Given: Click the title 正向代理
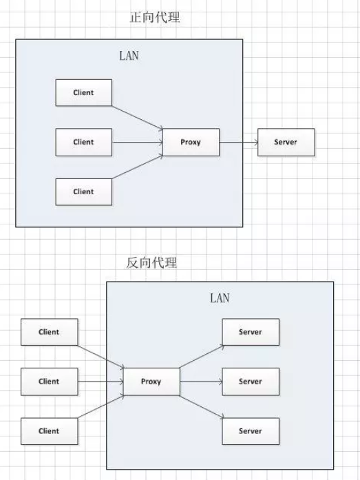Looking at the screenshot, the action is (154, 17).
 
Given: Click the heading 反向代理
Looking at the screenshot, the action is (151, 262).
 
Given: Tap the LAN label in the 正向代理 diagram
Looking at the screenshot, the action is (129, 56).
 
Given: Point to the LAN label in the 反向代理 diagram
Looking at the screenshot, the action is (220, 298).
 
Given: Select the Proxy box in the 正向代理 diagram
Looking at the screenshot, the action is (191, 143).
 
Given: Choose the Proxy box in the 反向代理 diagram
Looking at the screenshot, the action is (151, 382).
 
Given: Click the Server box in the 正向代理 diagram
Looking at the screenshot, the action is (286, 143).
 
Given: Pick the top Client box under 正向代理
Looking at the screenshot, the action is (84, 93).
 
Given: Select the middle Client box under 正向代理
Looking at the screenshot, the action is (84, 143).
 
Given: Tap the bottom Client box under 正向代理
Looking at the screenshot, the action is (84, 192).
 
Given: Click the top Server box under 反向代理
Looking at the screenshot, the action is (251, 332).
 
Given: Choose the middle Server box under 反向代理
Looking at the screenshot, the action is (251, 382).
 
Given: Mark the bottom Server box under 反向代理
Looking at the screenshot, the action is (251, 431).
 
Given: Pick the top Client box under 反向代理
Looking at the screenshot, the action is (50, 332).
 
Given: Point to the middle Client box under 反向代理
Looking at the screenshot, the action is (50, 382).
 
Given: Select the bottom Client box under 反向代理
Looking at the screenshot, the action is (50, 431).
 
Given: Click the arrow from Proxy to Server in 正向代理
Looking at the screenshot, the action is (239, 143).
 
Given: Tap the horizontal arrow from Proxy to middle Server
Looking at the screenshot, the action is (201, 382).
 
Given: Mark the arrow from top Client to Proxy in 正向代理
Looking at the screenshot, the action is (138, 118).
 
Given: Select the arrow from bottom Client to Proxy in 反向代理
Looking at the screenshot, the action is (101, 407).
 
